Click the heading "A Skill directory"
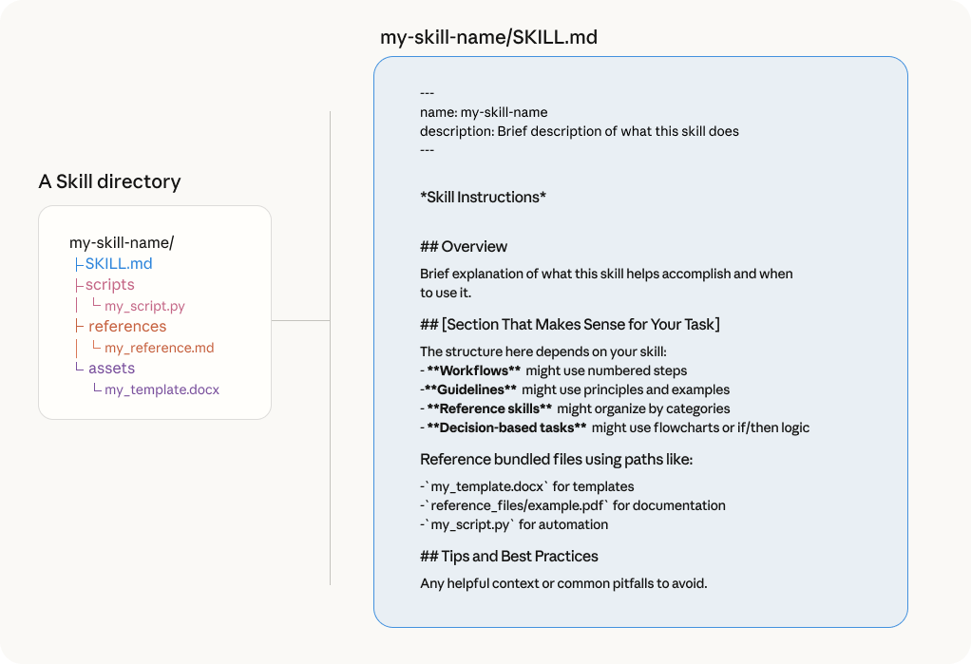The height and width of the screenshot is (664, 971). click(109, 181)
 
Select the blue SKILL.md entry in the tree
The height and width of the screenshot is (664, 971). click(119, 264)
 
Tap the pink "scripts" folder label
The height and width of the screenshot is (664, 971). click(110, 285)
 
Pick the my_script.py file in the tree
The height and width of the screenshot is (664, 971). click(145, 307)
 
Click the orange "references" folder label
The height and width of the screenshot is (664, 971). click(127, 327)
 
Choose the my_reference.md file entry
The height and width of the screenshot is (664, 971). click(160, 349)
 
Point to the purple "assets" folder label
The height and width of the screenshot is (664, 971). click(112, 369)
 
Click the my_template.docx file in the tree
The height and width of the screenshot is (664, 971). click(162, 390)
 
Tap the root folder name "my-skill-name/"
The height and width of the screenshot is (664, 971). click(122, 243)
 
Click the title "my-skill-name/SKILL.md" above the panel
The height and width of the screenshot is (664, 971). click(488, 38)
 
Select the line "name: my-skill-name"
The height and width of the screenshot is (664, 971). click(484, 112)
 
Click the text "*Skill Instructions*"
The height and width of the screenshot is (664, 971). click(484, 198)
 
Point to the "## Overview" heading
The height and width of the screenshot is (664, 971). click(464, 247)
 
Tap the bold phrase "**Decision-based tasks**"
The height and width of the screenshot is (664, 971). click(506, 427)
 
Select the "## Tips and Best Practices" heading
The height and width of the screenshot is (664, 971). click(509, 557)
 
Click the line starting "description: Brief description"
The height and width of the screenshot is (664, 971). click(580, 131)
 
